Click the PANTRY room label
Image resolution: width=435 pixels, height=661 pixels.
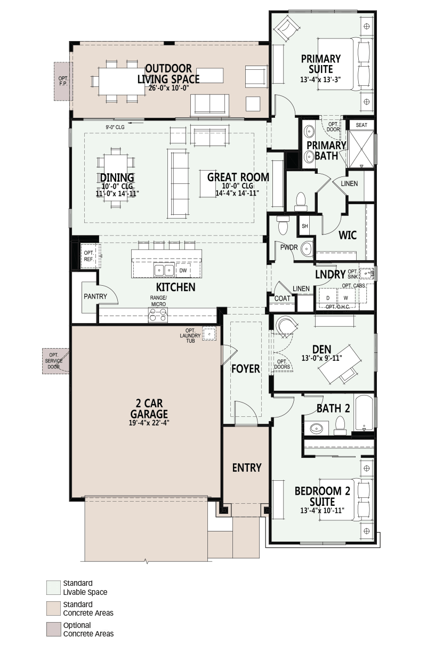(x=95, y=296)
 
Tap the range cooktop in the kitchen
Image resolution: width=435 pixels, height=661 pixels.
(x=158, y=315)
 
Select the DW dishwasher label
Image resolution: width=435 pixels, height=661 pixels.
(x=183, y=270)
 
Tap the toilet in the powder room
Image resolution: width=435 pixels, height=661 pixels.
(x=283, y=225)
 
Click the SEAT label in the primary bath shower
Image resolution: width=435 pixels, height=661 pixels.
(x=361, y=125)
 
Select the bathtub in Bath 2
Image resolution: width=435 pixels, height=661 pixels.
(x=365, y=413)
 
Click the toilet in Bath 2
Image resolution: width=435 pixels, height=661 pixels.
(x=340, y=425)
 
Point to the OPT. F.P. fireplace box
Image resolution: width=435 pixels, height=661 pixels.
(x=63, y=81)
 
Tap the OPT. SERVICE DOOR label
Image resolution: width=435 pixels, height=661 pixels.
(x=54, y=361)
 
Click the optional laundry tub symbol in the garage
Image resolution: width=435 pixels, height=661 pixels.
(x=209, y=334)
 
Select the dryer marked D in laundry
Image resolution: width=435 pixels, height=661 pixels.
(x=328, y=298)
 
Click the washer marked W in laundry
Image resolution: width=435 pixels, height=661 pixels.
(x=345, y=298)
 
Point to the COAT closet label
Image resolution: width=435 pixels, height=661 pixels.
(x=282, y=299)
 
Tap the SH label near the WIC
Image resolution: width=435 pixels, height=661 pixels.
(x=305, y=226)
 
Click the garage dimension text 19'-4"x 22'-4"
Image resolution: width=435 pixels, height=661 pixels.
(x=149, y=423)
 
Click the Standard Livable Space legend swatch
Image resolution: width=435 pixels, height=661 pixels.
(x=53, y=587)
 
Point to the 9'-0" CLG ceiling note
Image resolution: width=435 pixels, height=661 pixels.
(x=115, y=127)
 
